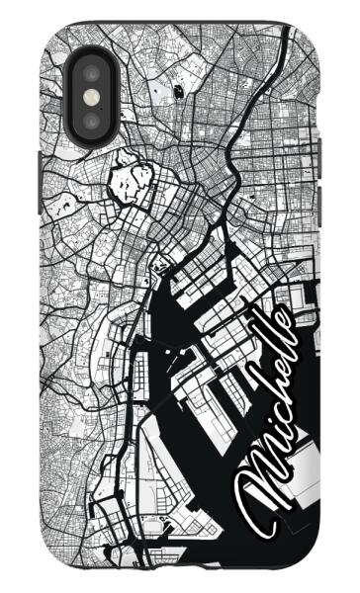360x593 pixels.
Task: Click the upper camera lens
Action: (x=91, y=73)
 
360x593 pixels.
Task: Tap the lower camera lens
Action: (x=91, y=119)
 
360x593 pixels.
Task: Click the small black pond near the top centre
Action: (x=178, y=89)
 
